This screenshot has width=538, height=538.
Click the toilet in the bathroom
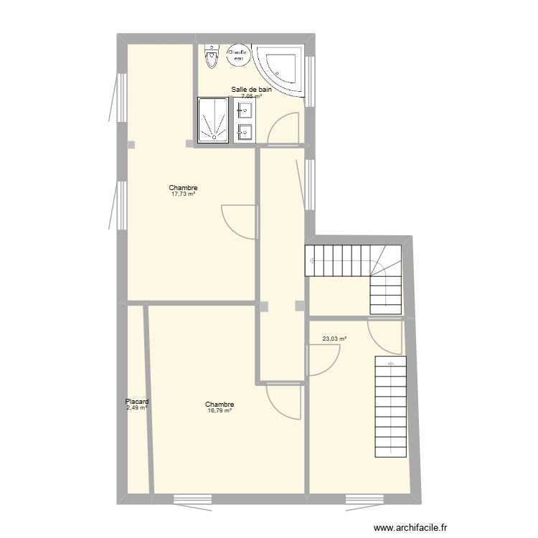click(211, 57)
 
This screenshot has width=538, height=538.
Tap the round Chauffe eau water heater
click(237, 55)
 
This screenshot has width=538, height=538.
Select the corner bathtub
click(280, 69)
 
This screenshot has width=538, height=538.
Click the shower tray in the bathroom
click(213, 119)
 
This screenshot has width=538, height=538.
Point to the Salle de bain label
click(251, 90)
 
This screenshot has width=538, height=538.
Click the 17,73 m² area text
click(184, 194)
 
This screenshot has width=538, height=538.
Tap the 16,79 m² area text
click(220, 411)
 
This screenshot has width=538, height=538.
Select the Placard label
click(136, 402)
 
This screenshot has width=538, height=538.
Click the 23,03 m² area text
click(334, 339)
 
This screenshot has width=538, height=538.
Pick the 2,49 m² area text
click(136, 408)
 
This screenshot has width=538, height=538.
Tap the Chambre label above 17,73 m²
click(184, 188)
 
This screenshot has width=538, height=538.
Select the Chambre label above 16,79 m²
click(220, 405)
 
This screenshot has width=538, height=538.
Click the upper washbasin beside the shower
click(244, 110)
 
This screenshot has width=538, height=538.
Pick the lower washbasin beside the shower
click(244, 131)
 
